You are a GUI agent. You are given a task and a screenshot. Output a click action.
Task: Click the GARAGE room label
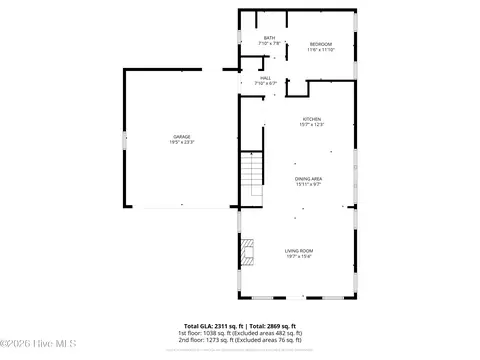(182, 136)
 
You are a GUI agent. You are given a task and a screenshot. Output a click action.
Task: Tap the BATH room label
(269, 38)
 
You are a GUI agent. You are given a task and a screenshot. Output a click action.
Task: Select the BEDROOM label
(321, 44)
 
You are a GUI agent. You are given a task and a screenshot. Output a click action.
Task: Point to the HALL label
(265, 78)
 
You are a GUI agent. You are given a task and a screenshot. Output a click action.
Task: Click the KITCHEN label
(311, 119)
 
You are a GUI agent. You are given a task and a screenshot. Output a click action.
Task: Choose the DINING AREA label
(308, 179)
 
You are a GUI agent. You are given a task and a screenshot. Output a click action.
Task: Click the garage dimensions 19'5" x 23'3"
(182, 142)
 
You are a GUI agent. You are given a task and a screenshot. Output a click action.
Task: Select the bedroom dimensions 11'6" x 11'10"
(321, 49)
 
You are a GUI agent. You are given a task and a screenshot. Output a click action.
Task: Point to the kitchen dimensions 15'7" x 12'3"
(311, 125)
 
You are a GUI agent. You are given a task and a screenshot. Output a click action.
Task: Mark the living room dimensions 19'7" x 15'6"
(299, 256)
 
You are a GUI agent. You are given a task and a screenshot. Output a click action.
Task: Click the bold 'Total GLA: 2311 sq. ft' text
(208, 326)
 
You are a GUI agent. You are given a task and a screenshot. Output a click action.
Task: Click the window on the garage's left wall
(123, 140)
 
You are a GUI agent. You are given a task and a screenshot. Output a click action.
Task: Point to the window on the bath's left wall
(239, 37)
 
